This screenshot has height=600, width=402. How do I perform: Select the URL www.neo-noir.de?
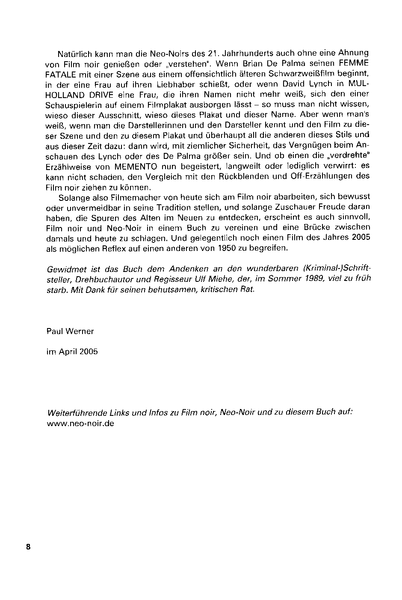click(80, 423)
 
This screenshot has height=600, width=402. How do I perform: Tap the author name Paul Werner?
click(70, 331)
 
